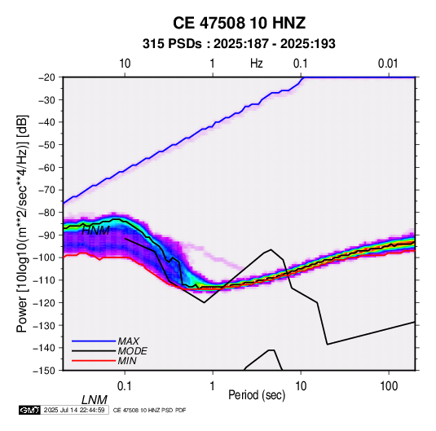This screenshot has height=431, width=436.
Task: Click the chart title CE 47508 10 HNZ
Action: pos(239,23)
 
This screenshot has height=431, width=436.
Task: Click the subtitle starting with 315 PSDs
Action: pos(239,44)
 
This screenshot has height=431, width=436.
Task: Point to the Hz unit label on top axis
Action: pos(256,64)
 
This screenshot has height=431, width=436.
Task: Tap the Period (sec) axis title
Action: pos(257,395)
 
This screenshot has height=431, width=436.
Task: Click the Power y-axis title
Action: pos(22,223)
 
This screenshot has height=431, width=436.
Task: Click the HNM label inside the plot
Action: pos(95,231)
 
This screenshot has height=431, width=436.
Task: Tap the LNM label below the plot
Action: pos(95,400)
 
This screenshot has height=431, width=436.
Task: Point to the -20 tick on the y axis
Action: pos(46,77)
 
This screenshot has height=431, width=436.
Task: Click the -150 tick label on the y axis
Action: pos(44,371)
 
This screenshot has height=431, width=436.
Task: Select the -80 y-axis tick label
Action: pos(46,213)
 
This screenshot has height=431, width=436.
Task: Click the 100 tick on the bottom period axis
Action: pos(389,385)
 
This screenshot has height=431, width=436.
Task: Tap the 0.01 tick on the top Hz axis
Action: pos(388,64)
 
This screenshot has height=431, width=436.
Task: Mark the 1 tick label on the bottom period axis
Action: pos(213,385)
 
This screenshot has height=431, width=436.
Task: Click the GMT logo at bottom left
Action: pos(29,410)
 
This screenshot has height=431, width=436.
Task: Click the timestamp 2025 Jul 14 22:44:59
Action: pos(74,410)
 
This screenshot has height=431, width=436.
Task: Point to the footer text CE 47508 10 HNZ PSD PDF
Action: pos(150,410)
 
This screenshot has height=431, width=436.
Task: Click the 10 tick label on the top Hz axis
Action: pos(125,64)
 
